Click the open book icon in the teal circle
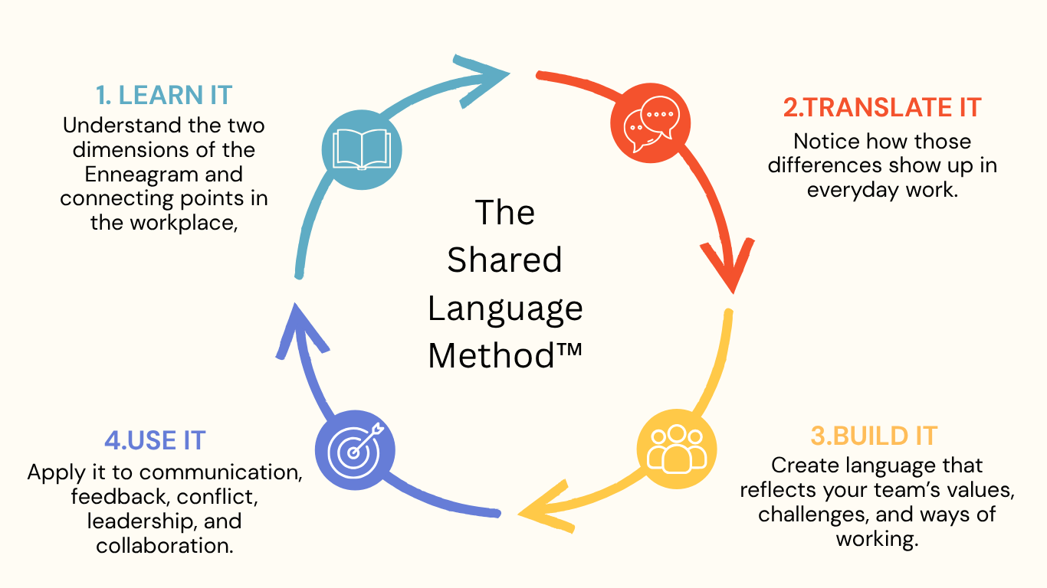362,149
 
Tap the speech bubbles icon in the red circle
652,124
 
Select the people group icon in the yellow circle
676,449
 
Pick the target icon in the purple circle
355,450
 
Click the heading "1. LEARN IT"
164,95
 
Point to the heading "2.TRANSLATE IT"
882,107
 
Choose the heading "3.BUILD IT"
874,436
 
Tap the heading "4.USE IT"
155,440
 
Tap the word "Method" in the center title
491,356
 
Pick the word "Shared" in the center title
504,260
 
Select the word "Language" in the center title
505,309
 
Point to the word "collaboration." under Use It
165,545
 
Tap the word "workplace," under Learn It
184,223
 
